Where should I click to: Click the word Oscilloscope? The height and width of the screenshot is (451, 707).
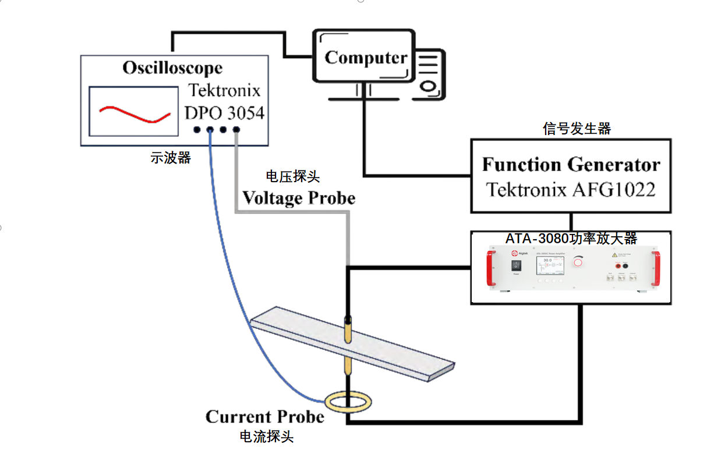point(172,68)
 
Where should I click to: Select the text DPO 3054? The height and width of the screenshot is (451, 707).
point(224,112)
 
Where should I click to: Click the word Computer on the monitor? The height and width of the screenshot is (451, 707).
point(366,58)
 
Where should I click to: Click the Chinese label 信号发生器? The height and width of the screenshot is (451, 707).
point(577,129)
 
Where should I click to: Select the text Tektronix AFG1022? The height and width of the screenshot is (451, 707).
point(571,190)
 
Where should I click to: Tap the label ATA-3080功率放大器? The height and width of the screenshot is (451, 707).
point(571,239)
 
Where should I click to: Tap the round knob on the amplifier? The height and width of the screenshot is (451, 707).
point(578,262)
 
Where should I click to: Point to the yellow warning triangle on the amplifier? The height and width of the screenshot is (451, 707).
point(614,255)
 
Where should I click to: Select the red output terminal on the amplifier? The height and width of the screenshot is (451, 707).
point(616,265)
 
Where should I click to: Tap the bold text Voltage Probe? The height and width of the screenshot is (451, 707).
point(299,198)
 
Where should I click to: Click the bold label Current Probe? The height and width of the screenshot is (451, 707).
point(265,417)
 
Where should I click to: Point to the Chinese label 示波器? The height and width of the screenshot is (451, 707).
point(171,158)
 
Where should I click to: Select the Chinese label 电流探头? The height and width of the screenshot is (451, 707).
point(266,436)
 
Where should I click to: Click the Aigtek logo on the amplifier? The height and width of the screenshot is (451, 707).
point(514,253)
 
